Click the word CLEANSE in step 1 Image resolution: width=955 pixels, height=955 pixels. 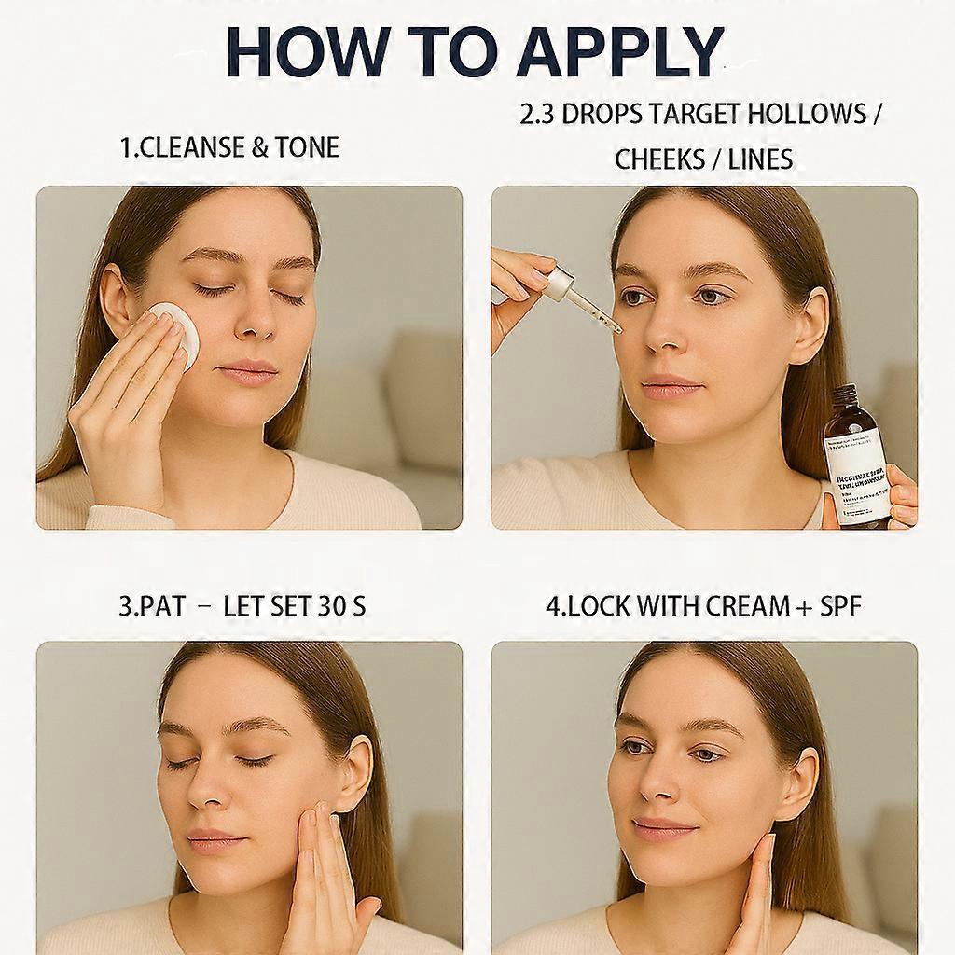pos(194,147)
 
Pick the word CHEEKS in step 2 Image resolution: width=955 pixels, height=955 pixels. pos(659,159)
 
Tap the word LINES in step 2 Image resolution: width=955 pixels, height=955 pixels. pos(760,159)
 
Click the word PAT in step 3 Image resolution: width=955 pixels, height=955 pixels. pos(162,606)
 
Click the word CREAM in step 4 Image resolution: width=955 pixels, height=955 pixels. pos(729,606)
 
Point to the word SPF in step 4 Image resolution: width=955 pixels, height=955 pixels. pos(840,606)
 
